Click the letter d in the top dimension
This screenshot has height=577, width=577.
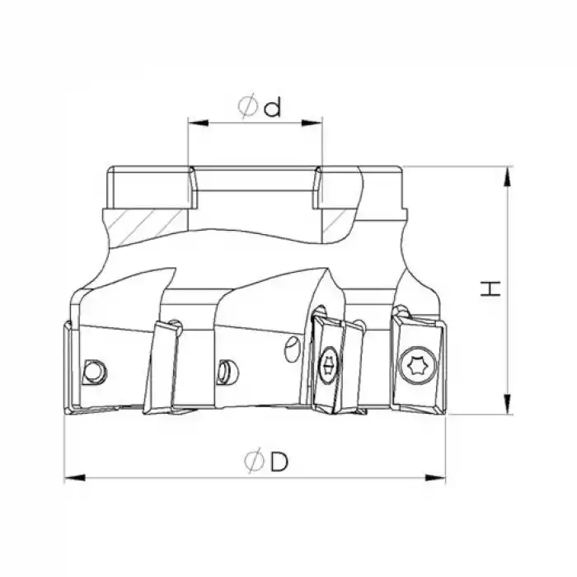coord(273,108)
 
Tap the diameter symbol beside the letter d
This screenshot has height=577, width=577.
coord(247,108)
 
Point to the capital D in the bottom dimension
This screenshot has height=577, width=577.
coord(278,463)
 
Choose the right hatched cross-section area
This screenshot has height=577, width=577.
coord(338,220)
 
